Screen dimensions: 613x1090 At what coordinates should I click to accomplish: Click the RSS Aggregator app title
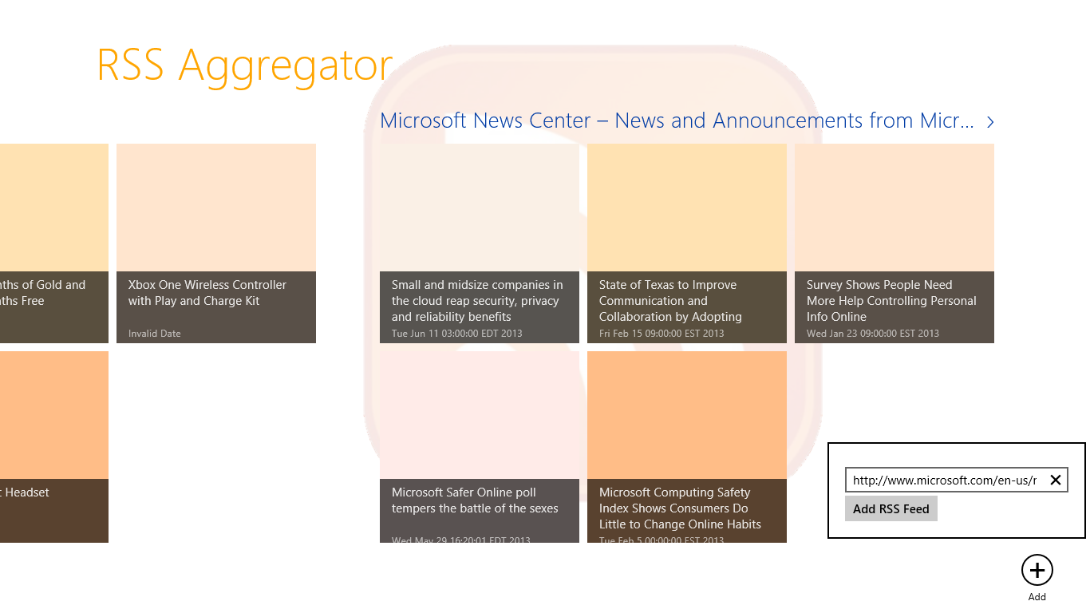[x=244, y=65]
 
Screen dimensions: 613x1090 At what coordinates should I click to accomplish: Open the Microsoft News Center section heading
[x=677, y=121]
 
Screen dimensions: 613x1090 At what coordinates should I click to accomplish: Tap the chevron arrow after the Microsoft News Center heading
[x=990, y=122]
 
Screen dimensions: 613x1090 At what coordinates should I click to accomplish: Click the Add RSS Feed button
[x=891, y=509]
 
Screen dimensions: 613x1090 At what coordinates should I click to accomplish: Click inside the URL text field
[x=944, y=481]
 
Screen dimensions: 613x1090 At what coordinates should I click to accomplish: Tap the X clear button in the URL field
[x=1055, y=480]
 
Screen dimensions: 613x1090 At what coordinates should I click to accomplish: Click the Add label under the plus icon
[x=1037, y=597]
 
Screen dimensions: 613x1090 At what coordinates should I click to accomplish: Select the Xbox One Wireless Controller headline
[x=207, y=293]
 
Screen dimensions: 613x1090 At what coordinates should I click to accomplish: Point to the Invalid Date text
[x=155, y=334]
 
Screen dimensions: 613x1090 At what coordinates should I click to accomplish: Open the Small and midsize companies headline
[x=476, y=301]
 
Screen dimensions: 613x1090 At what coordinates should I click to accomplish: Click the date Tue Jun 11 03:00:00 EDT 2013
[x=456, y=334]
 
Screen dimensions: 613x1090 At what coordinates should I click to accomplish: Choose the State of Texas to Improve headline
[x=670, y=301]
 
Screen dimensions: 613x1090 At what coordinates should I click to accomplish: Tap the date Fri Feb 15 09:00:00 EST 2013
[x=662, y=334]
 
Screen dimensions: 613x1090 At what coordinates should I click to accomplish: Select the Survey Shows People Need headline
[x=891, y=301]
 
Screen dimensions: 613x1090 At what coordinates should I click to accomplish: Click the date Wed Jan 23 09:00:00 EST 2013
[x=872, y=334]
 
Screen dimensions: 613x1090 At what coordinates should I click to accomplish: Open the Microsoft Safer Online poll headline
[x=475, y=500]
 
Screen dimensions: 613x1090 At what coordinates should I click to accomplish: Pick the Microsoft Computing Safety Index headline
[x=680, y=508]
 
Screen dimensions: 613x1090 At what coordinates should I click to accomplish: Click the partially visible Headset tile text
[x=27, y=492]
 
